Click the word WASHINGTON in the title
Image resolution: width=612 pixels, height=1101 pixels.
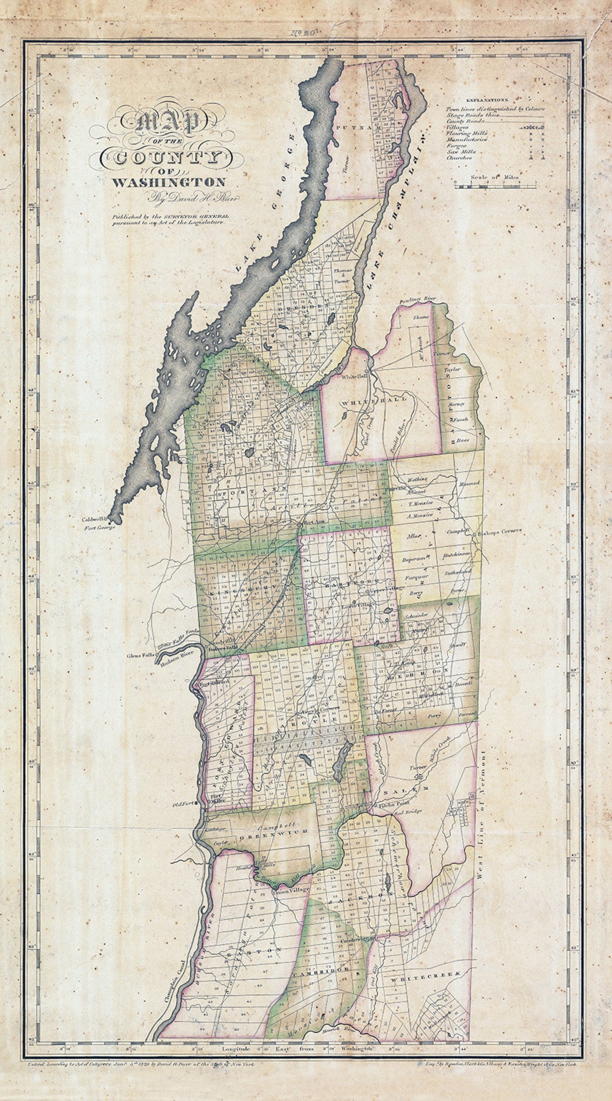click(x=168, y=182)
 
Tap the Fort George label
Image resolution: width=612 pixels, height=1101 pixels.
click(x=100, y=526)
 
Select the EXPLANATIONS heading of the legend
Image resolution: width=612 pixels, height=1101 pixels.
click(x=487, y=100)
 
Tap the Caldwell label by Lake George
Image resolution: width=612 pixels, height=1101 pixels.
click(x=94, y=519)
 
